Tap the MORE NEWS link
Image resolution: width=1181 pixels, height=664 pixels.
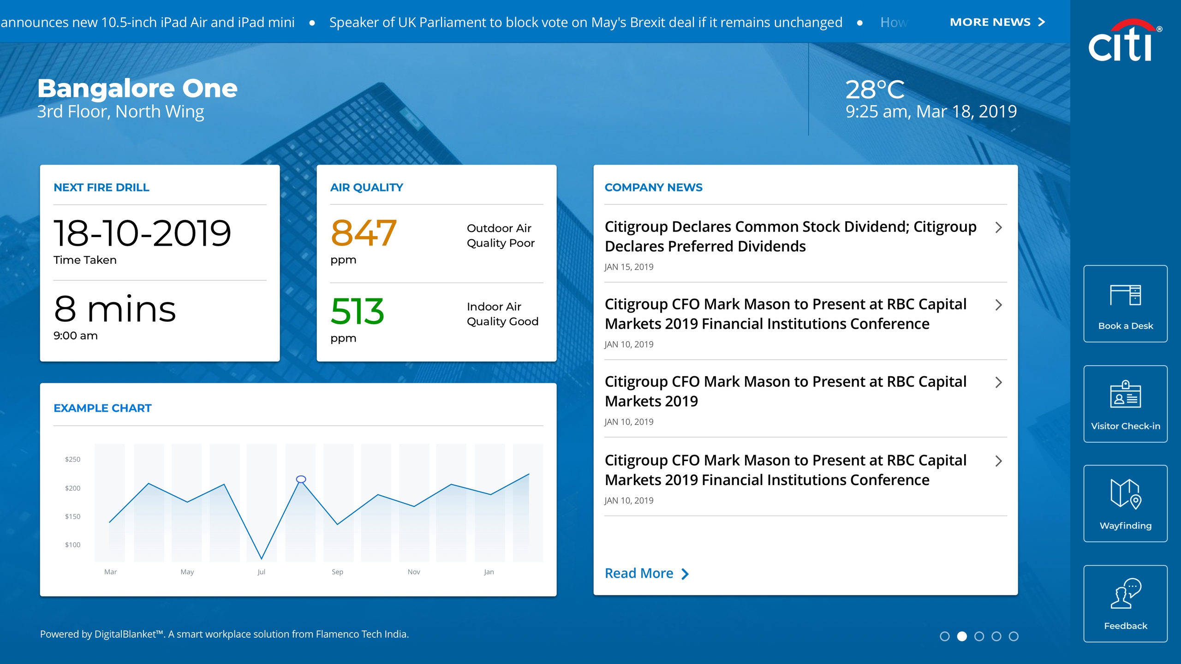click(997, 22)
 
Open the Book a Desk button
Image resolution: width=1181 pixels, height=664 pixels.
click(1125, 303)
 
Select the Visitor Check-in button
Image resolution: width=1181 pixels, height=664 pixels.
click(1125, 403)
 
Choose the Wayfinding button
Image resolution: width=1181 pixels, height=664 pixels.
click(1125, 504)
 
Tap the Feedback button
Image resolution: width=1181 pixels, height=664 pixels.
click(1125, 604)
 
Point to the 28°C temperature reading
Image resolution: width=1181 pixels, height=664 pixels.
click(875, 89)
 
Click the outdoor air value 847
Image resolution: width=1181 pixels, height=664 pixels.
click(364, 233)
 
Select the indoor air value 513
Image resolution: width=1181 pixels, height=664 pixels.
click(358, 311)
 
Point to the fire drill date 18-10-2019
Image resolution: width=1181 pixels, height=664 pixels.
click(142, 233)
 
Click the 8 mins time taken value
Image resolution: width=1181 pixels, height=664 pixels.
click(115, 309)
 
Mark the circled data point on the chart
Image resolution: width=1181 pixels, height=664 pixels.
click(301, 480)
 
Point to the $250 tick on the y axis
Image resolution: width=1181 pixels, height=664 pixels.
click(72, 459)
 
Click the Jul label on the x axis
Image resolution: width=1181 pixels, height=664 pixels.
click(261, 572)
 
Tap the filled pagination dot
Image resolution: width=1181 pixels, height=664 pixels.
click(962, 636)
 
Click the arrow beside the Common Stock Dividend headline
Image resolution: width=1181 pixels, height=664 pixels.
click(999, 227)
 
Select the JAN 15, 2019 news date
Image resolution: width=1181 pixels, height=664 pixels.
click(629, 267)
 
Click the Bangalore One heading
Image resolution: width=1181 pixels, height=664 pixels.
click(137, 88)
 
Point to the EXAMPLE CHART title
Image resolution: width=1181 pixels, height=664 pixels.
click(102, 408)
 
